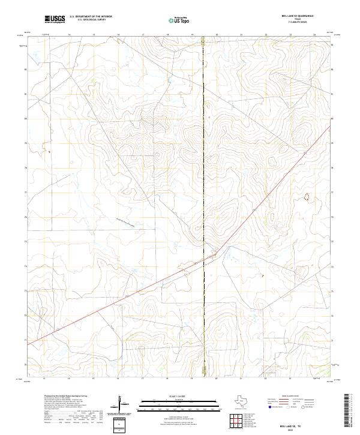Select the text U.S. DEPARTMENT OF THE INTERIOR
91,17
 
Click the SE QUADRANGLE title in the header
306,17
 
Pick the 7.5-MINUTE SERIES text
306,23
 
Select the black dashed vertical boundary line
203,180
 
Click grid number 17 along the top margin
142,35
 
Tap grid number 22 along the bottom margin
265,379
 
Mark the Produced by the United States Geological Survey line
66,396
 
